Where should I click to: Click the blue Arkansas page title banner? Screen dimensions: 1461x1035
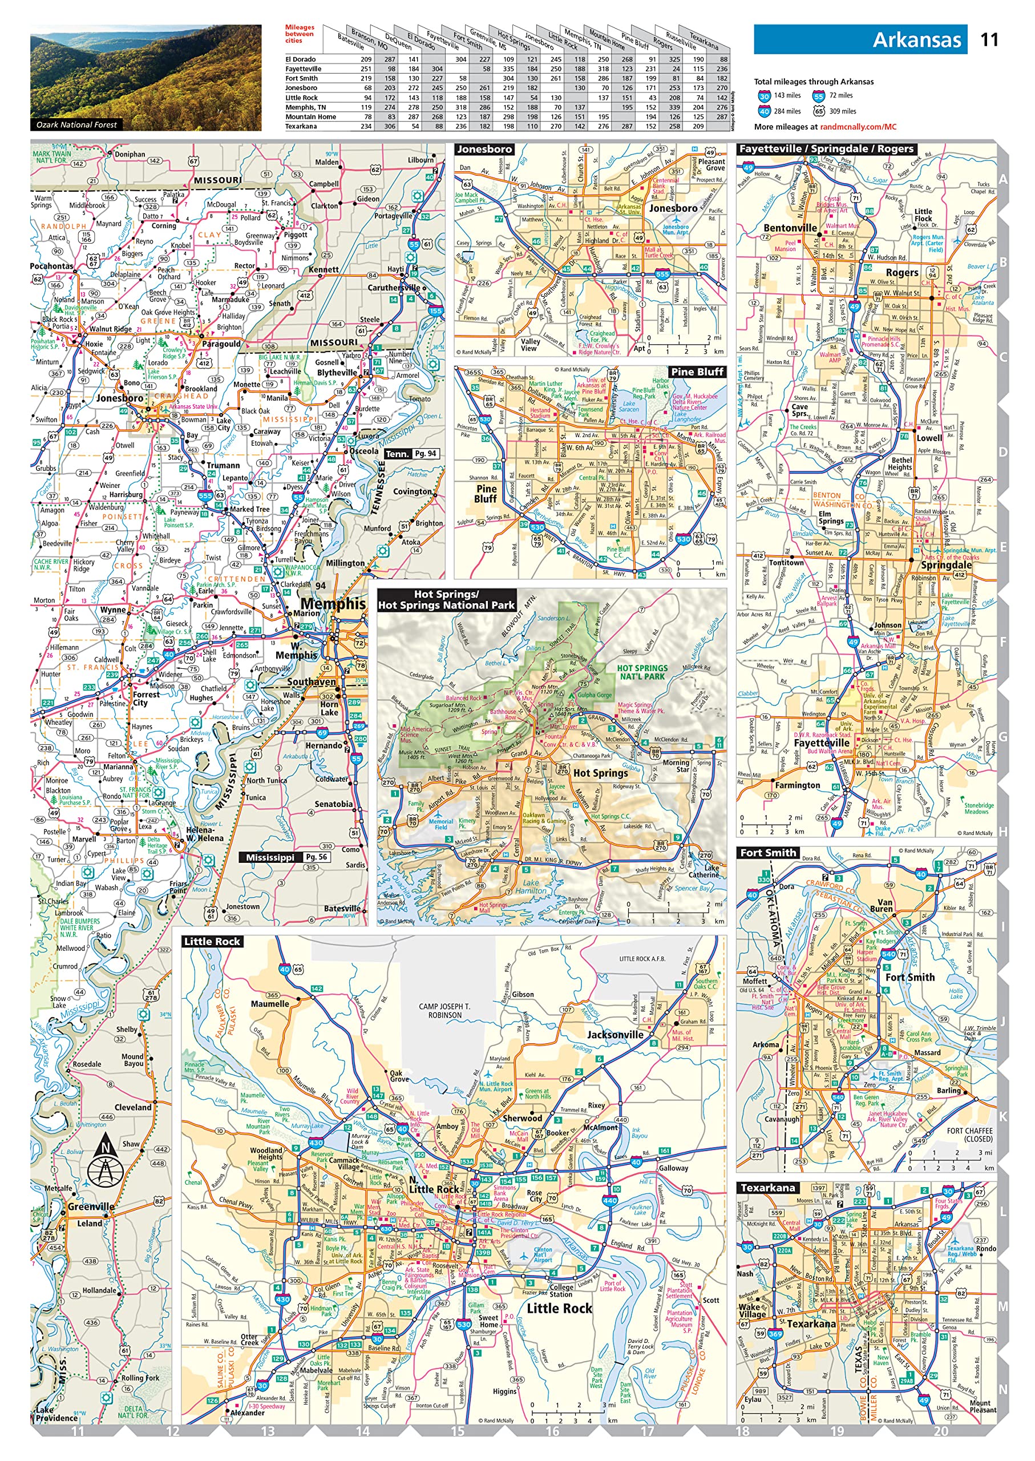860,39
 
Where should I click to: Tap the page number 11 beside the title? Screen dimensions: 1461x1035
988,39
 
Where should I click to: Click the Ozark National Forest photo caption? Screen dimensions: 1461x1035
76,125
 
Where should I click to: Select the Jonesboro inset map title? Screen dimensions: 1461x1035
484,149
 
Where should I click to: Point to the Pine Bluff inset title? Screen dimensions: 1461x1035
697,372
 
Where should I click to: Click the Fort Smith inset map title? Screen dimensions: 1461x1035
768,853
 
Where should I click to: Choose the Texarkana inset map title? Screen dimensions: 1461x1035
768,1188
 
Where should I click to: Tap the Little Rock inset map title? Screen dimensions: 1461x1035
212,942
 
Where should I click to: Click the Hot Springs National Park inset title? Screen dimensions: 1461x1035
446,600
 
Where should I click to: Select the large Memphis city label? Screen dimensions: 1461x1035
333,603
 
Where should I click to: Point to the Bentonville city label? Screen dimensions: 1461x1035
790,228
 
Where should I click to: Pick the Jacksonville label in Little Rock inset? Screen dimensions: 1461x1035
614,1035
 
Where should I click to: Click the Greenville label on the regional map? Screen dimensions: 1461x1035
91,1206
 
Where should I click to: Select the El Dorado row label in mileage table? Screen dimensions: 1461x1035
300,59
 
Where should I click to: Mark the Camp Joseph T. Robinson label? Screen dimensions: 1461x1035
444,1010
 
